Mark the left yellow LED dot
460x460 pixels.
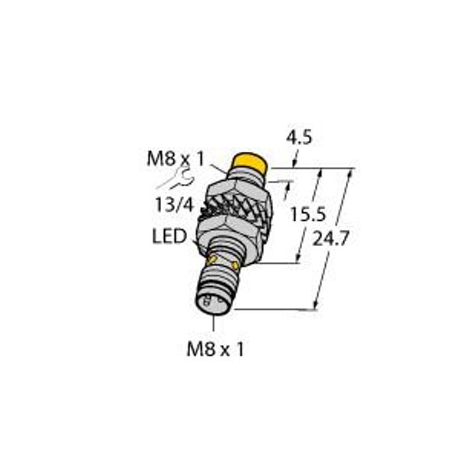pos(212,263)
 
